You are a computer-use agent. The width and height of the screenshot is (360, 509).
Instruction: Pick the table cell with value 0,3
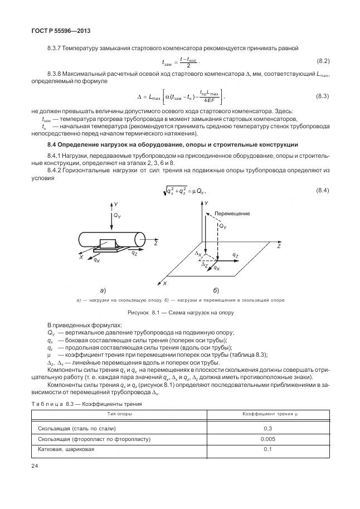pyautogui.click(x=267, y=428)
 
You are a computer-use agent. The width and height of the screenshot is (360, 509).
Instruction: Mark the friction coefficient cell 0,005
pyautogui.click(x=267, y=439)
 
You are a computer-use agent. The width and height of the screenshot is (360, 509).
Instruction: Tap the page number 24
pyautogui.click(x=35, y=466)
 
